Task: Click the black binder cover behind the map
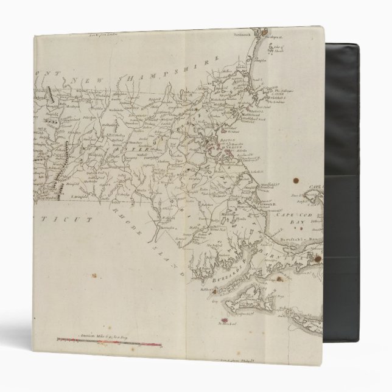[x=359, y=122]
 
